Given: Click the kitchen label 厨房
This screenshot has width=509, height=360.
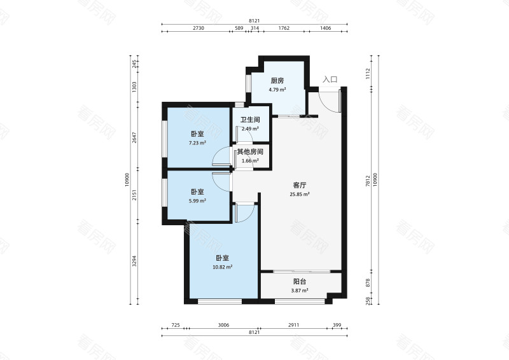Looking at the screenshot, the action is coord(277,81).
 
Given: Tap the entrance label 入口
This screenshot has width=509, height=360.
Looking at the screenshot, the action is coord(330,80).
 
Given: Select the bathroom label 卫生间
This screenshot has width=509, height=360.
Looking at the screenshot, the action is coord(250,120).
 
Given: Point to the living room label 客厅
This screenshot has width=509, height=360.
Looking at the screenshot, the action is coord(299,185).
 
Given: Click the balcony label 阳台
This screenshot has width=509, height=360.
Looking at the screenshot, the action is coord(299,282).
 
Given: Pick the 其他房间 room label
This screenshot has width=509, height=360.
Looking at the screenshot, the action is coord(250,151).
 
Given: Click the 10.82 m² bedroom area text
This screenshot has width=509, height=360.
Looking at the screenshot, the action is coord(222,267).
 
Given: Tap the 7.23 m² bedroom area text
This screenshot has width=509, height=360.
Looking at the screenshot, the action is coord(197,142).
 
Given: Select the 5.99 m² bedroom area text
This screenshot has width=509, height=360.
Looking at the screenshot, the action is coord(197,201).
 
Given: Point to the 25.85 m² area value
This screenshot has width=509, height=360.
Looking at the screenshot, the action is coord(299,195).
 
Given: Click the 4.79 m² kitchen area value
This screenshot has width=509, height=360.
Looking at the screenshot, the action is coord(277,90).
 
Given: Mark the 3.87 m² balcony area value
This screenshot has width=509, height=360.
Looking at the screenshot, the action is coord(299,291).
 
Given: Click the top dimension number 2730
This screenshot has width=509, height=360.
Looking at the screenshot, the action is coord(199,28).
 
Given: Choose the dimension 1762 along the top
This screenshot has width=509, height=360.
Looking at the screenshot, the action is coord(284,28).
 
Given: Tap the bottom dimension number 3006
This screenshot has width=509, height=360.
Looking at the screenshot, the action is coord(223,325).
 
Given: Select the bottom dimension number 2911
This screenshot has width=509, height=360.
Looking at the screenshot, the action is coord(293,325).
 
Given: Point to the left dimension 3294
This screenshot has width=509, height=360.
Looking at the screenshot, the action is coord(134,261).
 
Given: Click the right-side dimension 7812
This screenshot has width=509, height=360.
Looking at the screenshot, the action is coord(368,181).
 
